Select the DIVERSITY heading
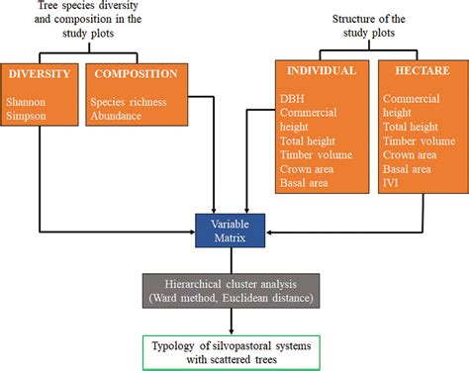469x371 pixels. click(41, 75)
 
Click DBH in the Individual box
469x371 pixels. click(294, 98)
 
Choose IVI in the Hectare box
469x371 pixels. click(393, 183)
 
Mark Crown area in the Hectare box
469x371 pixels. click(411, 154)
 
